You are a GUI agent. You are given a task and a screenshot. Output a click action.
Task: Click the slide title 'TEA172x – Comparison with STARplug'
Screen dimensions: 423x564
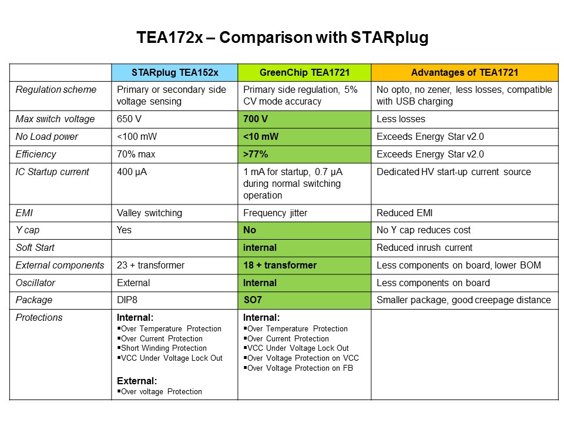282,39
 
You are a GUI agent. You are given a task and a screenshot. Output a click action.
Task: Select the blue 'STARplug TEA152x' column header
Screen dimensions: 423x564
174,72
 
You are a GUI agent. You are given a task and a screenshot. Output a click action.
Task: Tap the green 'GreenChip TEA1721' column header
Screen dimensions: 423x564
304,72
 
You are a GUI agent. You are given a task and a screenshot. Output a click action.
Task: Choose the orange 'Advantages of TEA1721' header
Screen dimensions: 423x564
464,72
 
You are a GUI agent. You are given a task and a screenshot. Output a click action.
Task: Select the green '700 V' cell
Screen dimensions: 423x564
256,119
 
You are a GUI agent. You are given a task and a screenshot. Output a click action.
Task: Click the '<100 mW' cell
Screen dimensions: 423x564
137,137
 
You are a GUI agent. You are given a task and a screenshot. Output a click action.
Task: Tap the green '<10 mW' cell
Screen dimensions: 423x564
261,137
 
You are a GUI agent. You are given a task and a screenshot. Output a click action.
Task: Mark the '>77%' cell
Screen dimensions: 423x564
257,155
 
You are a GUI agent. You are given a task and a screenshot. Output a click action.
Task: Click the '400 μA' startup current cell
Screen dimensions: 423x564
133,172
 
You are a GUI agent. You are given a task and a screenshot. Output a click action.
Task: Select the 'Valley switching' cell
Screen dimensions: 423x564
149,213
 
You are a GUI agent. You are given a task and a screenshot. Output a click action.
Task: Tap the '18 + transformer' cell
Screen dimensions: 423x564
280,265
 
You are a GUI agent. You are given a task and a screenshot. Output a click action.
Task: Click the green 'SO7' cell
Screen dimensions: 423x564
253,300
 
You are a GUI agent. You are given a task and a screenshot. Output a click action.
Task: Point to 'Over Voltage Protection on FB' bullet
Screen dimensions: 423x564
300,368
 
